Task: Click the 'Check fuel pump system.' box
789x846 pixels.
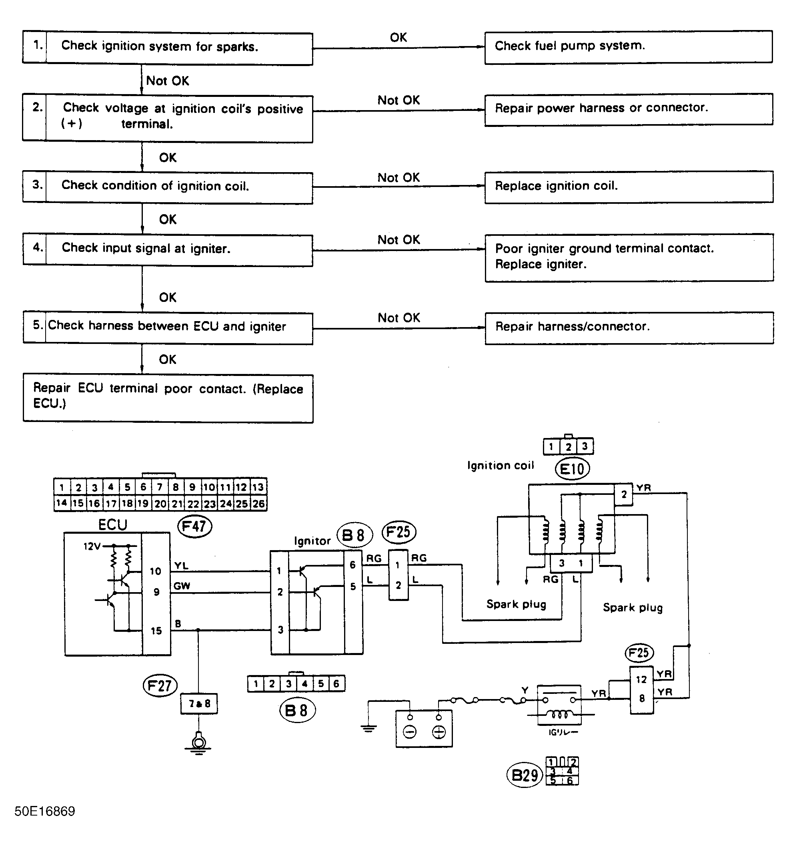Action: [628, 47]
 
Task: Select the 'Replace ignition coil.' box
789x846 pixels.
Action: [628, 187]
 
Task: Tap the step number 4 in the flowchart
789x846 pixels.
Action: [38, 247]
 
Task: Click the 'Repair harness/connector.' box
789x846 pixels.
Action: [629, 327]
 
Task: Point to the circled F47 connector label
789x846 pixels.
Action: [194, 526]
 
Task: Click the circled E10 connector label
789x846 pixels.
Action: [572, 469]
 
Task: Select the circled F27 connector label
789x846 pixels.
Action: [160, 685]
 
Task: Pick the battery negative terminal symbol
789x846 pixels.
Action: [410, 732]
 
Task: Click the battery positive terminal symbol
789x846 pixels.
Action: [439, 732]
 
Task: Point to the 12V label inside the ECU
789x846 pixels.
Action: [92, 547]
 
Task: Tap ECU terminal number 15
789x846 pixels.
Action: [156, 631]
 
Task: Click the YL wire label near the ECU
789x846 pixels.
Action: [181, 566]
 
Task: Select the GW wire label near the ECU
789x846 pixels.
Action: [182, 586]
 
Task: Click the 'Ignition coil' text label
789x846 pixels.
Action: [500, 466]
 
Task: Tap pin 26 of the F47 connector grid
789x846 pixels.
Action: [258, 504]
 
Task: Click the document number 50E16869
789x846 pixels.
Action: [45, 811]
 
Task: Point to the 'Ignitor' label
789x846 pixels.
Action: [312, 541]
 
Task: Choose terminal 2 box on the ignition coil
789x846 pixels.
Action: [623, 495]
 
